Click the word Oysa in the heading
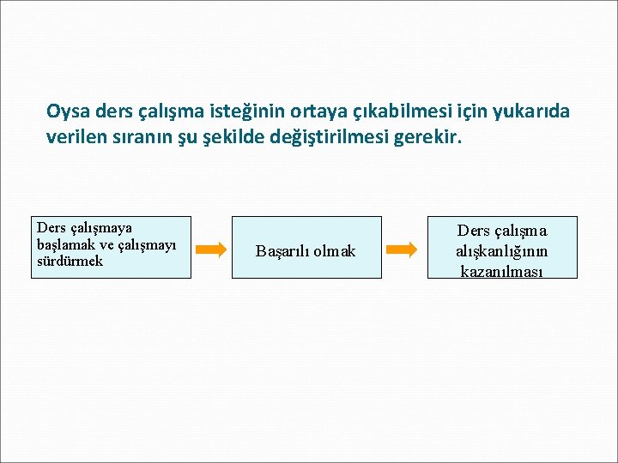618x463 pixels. pyautogui.click(x=69, y=111)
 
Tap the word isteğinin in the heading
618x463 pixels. pyautogui.click(x=237, y=111)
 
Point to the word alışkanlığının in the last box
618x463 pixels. pyautogui.click(x=502, y=251)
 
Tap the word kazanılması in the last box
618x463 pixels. pyautogui.click(x=503, y=271)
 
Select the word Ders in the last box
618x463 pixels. pyautogui.click(x=473, y=231)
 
